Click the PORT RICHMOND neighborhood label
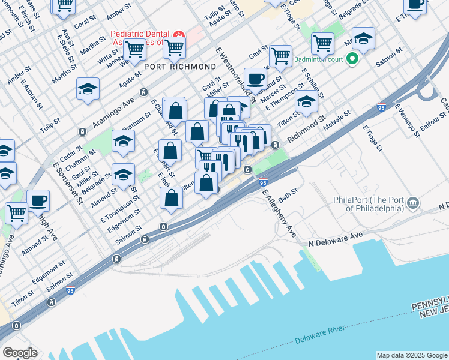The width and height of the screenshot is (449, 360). point(179,66)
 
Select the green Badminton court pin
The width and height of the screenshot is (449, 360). point(353,59)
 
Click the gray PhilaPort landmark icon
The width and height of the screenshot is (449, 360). point(413,203)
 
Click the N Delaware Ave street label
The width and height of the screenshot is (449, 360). point(336,240)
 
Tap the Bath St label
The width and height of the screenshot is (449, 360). point(288,194)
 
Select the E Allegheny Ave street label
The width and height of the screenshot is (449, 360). point(279,212)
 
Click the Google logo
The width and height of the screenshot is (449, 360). point(19,352)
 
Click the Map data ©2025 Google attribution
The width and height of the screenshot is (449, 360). point(411,355)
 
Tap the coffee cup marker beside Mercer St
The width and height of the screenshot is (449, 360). point(255,78)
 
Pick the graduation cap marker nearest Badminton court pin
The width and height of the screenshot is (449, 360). point(363,38)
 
